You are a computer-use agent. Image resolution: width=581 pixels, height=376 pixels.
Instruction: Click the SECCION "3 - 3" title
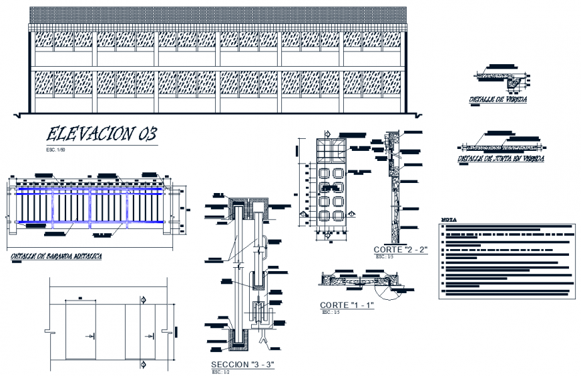242,364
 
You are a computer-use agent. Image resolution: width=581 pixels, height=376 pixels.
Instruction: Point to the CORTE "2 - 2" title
401,250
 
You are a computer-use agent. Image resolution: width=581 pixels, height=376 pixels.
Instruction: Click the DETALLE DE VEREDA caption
498,100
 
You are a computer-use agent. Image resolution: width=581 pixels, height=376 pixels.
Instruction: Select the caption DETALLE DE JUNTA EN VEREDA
500,159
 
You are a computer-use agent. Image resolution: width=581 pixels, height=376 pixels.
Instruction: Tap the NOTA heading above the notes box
449,219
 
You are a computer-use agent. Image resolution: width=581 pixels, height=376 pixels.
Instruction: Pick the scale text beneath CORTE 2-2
381,256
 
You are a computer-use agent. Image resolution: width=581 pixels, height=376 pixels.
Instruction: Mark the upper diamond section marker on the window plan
144,300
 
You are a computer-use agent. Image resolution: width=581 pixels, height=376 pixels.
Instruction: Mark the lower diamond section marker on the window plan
144,363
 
